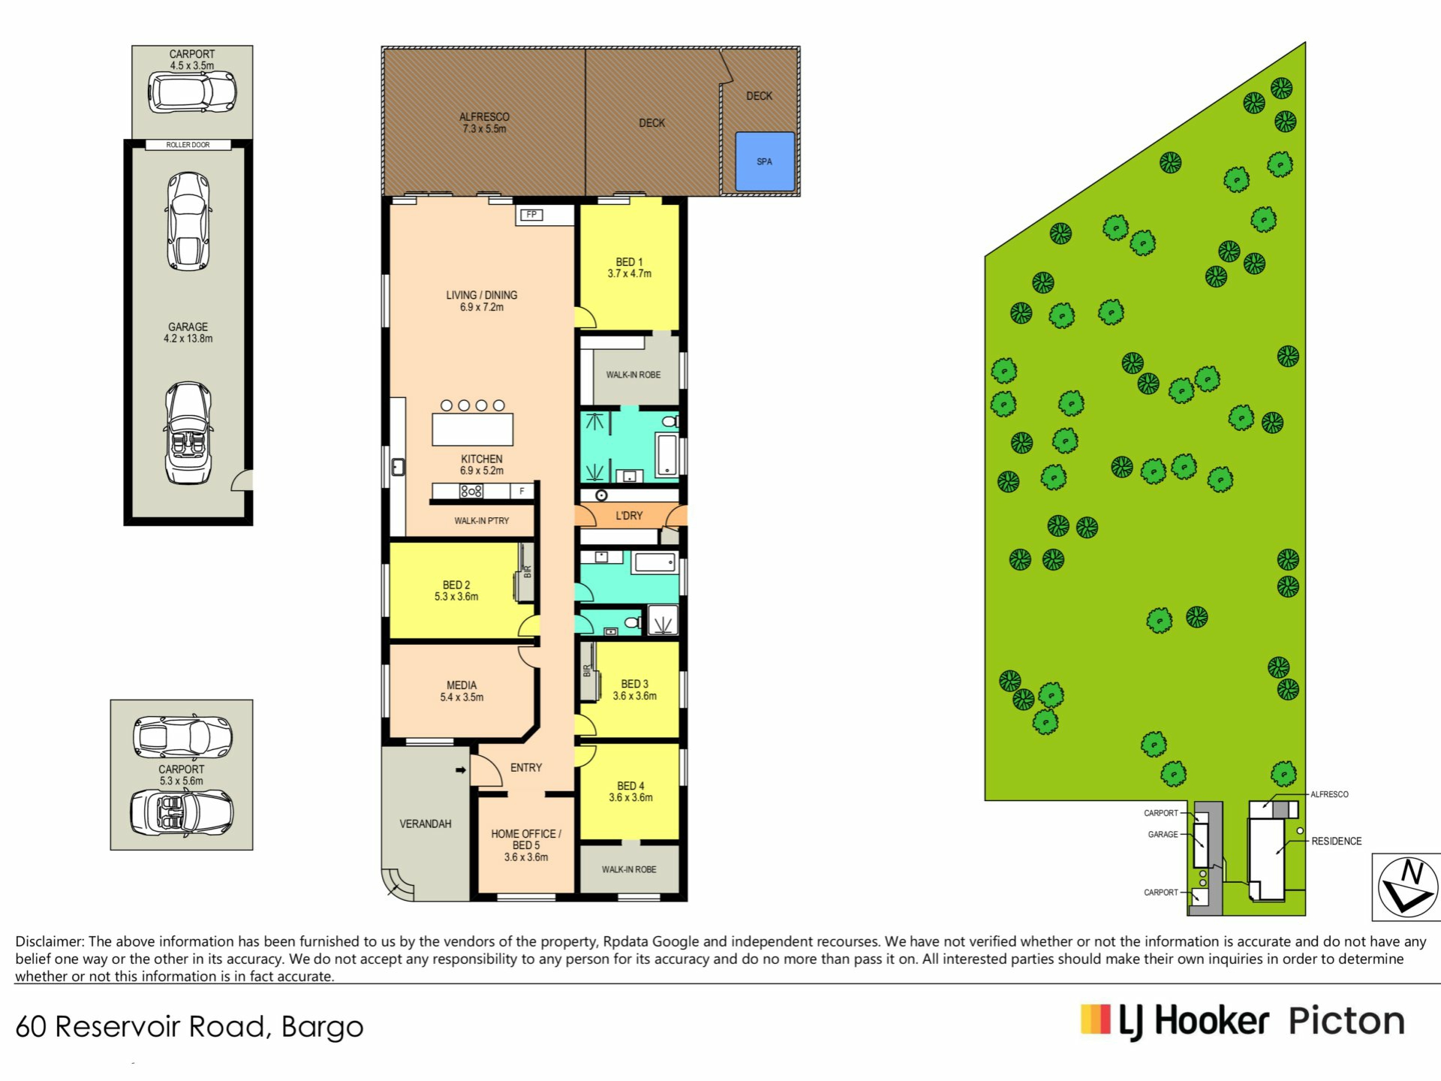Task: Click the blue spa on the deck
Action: (765, 161)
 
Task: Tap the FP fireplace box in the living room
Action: (531, 215)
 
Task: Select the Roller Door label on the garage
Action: (188, 145)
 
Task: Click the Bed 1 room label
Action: (630, 268)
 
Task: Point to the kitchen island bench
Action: (473, 429)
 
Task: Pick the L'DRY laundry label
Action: (629, 516)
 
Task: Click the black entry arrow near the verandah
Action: (461, 770)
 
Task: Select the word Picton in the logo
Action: (1346, 1022)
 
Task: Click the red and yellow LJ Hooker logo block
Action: (1096, 1019)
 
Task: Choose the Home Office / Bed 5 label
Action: (526, 845)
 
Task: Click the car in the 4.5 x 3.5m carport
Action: (192, 92)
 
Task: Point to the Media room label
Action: (462, 691)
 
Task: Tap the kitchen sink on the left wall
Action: (398, 467)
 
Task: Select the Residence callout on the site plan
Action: (1337, 842)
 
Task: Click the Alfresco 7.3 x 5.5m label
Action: (484, 122)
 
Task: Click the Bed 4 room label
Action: (630, 791)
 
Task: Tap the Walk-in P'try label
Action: (482, 521)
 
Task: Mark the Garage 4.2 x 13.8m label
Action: (188, 333)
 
